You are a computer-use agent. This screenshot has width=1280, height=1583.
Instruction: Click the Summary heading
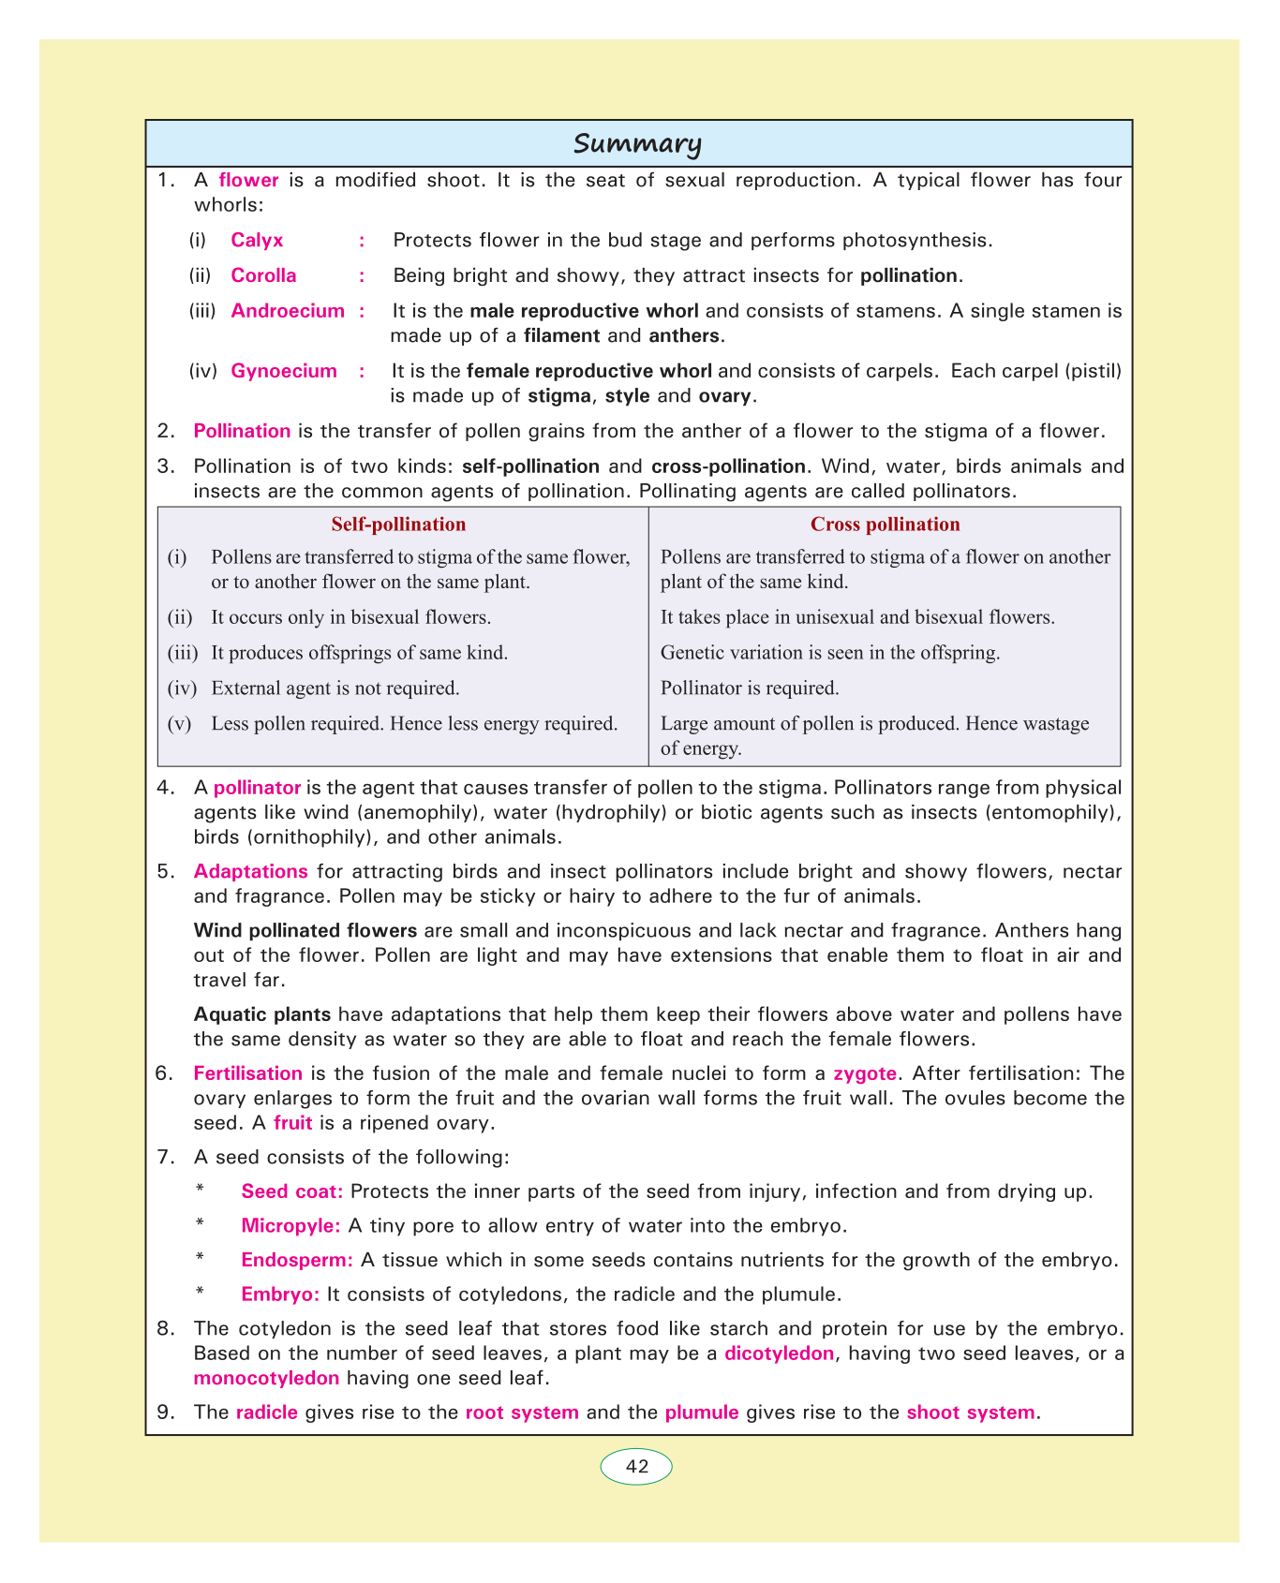pos(637,144)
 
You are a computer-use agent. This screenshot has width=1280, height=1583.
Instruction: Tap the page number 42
pos(636,1467)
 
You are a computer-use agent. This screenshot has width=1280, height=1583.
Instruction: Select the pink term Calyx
pos(257,240)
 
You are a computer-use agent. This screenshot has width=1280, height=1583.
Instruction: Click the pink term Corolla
pos(263,275)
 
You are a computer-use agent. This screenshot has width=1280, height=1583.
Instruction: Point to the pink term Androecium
pos(288,311)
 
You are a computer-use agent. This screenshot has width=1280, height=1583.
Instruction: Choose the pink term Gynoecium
pos(284,371)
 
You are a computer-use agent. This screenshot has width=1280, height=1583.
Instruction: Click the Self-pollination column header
pos(398,525)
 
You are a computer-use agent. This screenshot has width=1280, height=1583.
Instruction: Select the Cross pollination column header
pos(885,525)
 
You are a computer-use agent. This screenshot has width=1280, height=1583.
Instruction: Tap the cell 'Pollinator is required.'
pos(750,688)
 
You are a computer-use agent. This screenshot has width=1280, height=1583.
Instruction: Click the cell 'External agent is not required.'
pos(335,688)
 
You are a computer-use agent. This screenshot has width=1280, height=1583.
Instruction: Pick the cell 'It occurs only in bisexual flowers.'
pos(351,617)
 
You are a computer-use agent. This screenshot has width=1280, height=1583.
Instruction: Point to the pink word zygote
pos(865,1073)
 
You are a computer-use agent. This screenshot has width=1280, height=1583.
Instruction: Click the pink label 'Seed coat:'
pos(292,1191)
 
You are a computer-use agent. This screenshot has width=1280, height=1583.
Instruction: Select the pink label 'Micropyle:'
pos(290,1225)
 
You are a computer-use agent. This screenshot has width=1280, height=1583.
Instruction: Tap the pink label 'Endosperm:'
pos(297,1260)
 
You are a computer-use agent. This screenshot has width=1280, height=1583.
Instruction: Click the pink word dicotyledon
pos(779,1354)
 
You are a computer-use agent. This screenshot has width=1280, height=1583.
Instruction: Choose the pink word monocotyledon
pos(266,1378)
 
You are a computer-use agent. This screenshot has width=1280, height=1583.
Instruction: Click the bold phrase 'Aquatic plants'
pos(261,1014)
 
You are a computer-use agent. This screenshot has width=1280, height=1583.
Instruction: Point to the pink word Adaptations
pos(250,871)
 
